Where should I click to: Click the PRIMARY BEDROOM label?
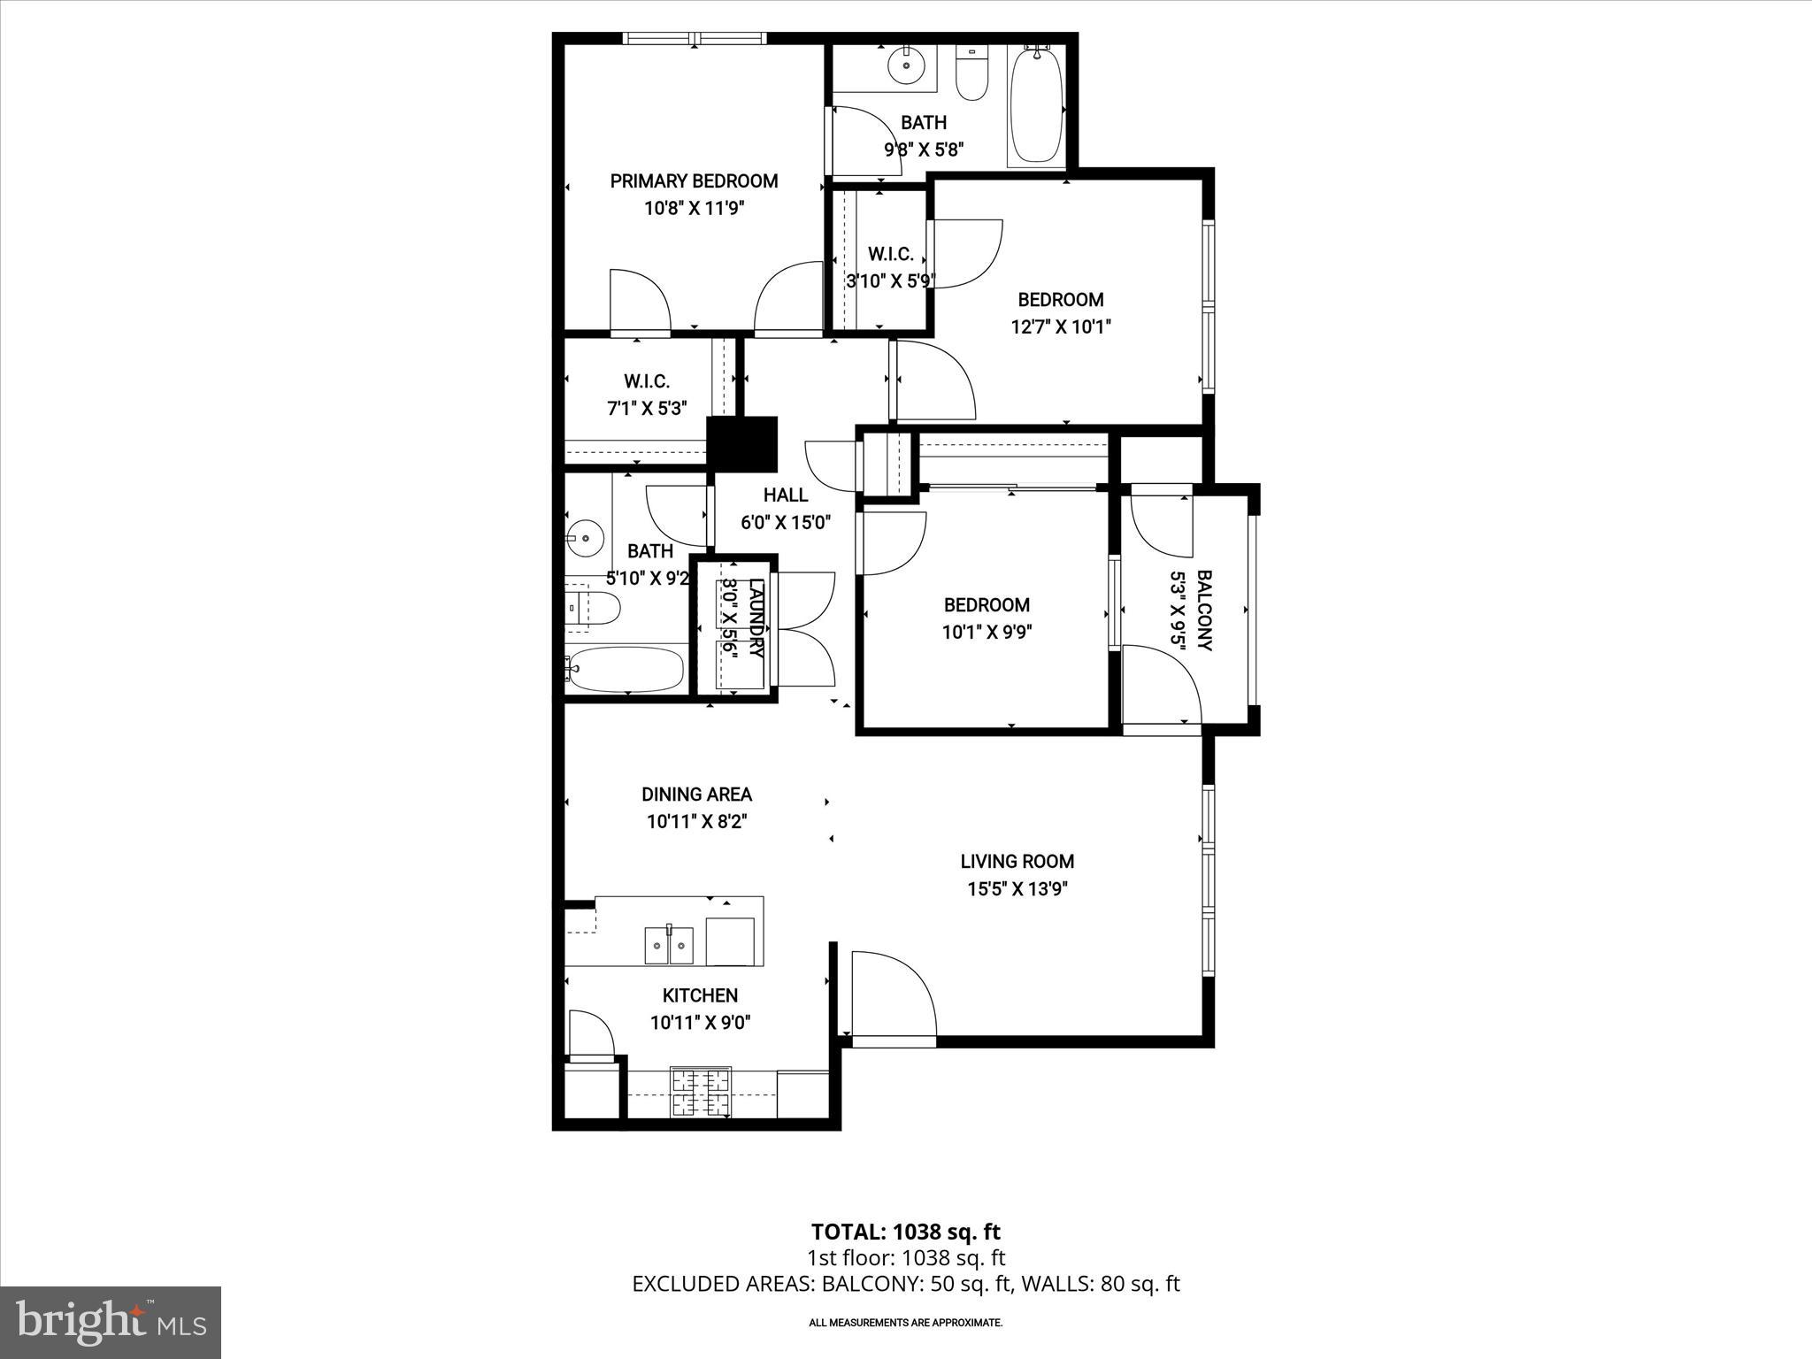pyautogui.click(x=694, y=181)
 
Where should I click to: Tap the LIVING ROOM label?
pyautogui.click(x=1017, y=861)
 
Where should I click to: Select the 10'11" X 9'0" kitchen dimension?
pyautogui.click(x=700, y=1023)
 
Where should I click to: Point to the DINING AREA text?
pyautogui.click(x=696, y=795)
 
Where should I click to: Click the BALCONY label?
pyautogui.click(x=1204, y=610)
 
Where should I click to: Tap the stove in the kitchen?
pyautogui.click(x=701, y=1094)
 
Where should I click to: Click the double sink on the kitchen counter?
pyautogui.click(x=668, y=945)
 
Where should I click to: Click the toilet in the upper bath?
pyautogui.click(x=971, y=74)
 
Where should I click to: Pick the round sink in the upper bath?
pyautogui.click(x=904, y=65)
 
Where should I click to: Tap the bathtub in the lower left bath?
pyautogui.click(x=627, y=670)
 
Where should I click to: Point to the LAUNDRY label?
pyautogui.click(x=756, y=618)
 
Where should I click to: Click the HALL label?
pyautogui.click(x=786, y=495)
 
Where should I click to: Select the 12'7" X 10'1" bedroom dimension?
pyautogui.click(x=1060, y=326)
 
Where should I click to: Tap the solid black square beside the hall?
pyautogui.click(x=741, y=443)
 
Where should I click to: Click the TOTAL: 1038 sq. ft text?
pyautogui.click(x=905, y=1232)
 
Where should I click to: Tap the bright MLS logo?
pyautogui.click(x=111, y=1323)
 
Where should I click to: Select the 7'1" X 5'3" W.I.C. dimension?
pyautogui.click(x=646, y=408)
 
